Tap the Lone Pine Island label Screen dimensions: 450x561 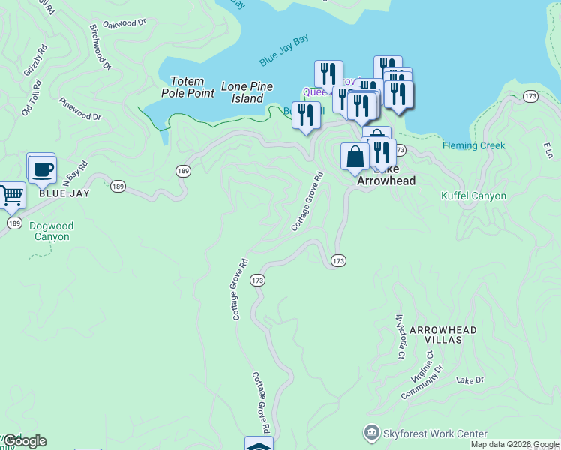pyautogui.click(x=247, y=92)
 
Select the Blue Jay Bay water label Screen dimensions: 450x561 pyautogui.click(x=284, y=50)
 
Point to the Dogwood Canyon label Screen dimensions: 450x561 pyautogui.click(x=52, y=231)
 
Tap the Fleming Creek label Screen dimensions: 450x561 pyautogui.click(x=473, y=145)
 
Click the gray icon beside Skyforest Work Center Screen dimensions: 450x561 pyautogui.click(x=371, y=433)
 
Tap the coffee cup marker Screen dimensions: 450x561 pyautogui.click(x=42, y=169)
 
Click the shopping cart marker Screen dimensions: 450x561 pyautogui.click(x=10, y=196)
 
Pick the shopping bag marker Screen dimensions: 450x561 pyautogui.click(x=355, y=157)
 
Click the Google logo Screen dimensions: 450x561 pyautogui.click(x=25, y=441)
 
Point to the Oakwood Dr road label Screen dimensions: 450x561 pyautogui.click(x=124, y=24)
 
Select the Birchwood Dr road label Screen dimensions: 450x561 pyautogui.click(x=100, y=46)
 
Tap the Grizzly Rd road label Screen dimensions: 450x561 pyautogui.click(x=34, y=60)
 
